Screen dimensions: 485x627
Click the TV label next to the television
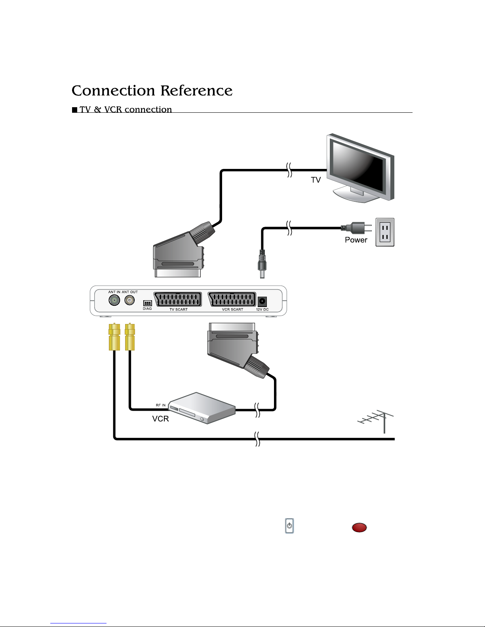(x=316, y=180)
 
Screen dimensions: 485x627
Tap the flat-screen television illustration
(x=360, y=168)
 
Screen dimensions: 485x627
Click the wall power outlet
(x=385, y=232)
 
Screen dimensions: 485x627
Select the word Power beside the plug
(x=356, y=240)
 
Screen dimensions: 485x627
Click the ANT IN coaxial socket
(x=114, y=300)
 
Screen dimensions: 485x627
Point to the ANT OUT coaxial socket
(x=129, y=300)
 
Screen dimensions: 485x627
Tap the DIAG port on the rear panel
(x=148, y=303)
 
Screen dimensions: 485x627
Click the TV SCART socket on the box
(x=178, y=299)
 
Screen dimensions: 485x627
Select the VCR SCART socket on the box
(x=232, y=299)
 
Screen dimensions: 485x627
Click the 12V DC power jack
(x=262, y=301)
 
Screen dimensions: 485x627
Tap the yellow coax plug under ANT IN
(x=114, y=336)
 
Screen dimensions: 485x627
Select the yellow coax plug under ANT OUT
(x=130, y=336)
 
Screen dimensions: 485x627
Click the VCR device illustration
(x=202, y=408)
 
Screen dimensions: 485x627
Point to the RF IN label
(x=160, y=405)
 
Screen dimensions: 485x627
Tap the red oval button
(x=359, y=527)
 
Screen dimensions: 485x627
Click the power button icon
(x=289, y=526)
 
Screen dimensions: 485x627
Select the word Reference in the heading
(x=196, y=91)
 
